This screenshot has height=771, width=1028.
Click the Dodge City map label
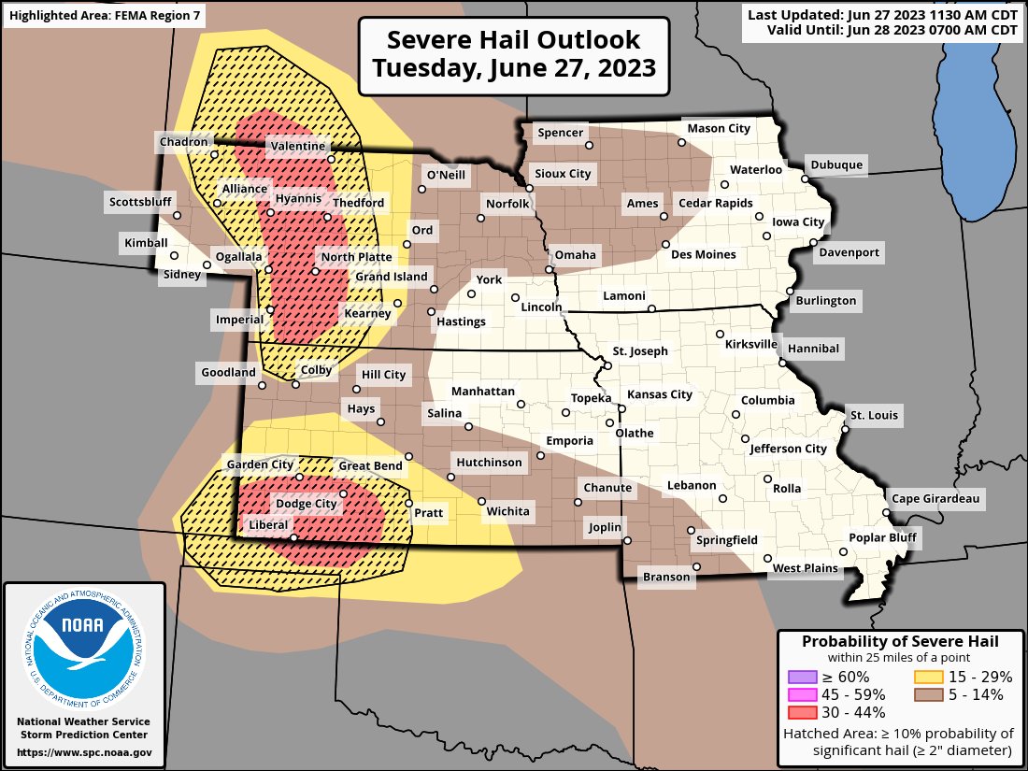click(x=306, y=504)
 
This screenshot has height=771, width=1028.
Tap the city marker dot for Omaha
click(x=549, y=270)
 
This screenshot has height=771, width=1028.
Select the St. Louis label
click(x=874, y=415)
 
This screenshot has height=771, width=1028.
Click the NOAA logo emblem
click(x=85, y=646)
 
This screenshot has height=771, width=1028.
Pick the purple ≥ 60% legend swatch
click(x=803, y=677)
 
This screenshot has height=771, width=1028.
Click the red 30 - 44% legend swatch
click(x=803, y=712)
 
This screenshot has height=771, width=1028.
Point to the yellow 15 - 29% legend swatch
click(x=928, y=677)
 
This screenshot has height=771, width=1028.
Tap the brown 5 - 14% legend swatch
click(x=928, y=694)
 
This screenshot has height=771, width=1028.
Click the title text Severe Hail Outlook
click(x=514, y=40)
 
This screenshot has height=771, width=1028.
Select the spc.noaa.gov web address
click(x=84, y=752)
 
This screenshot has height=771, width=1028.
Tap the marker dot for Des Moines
click(x=665, y=245)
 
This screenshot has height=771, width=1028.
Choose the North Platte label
click(x=356, y=257)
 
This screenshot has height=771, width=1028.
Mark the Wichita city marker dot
click(x=481, y=501)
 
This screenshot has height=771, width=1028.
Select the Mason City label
click(x=719, y=128)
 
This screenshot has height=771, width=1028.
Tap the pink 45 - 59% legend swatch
click(x=803, y=694)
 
